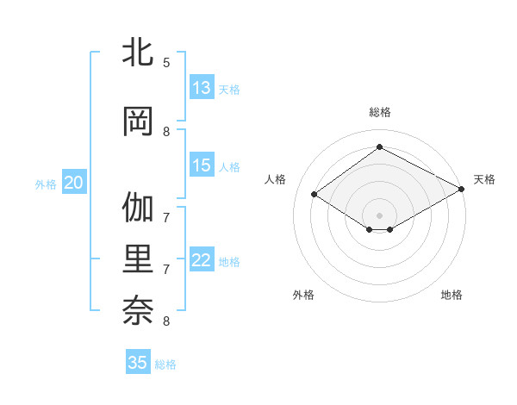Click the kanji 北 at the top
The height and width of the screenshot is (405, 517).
pyautogui.click(x=139, y=53)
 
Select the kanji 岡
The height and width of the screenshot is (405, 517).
pyautogui.click(x=139, y=121)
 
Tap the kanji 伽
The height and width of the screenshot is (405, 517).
pyautogui.click(x=139, y=209)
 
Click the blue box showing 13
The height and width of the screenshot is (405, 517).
pyautogui.click(x=202, y=89)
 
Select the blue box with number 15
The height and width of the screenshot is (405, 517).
pyautogui.click(x=202, y=166)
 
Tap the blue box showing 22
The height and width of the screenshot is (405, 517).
pyautogui.click(x=202, y=261)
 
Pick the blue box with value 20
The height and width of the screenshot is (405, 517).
pyautogui.click(x=74, y=183)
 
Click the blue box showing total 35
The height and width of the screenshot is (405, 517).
pyautogui.click(x=138, y=363)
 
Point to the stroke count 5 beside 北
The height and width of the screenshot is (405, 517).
pyautogui.click(x=166, y=63)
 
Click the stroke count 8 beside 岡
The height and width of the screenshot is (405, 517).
pyautogui.click(x=166, y=132)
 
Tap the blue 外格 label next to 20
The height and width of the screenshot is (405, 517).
pyautogui.click(x=46, y=184)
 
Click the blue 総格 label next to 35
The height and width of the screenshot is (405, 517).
pyautogui.click(x=165, y=364)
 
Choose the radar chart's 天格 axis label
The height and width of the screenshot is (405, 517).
pyautogui.click(x=484, y=179)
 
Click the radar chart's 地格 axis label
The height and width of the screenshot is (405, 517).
pyautogui.click(x=452, y=295)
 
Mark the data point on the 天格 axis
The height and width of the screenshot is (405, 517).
pyautogui.click(x=463, y=190)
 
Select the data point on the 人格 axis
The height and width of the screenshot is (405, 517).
pyautogui.click(x=315, y=195)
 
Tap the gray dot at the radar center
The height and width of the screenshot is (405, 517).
pyautogui.click(x=379, y=215)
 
